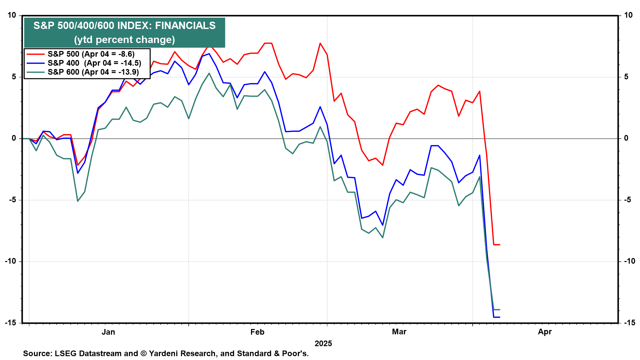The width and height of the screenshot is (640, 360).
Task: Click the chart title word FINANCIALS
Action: point(185,26)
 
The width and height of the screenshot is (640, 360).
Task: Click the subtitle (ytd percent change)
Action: point(124,40)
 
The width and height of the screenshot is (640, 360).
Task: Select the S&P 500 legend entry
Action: point(81,54)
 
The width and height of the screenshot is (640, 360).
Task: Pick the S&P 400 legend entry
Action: point(84,63)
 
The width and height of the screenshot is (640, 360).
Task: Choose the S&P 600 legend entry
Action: point(83,72)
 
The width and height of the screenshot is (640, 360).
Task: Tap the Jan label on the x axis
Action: point(108,332)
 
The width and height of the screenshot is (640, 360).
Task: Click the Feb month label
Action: point(257,332)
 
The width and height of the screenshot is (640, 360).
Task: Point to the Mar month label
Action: point(399,332)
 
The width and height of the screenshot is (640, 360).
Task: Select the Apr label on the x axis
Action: point(545,332)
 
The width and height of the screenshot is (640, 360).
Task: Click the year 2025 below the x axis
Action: point(323,344)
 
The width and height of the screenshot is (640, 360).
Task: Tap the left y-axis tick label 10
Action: point(12,15)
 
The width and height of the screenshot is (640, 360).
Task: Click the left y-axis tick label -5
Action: point(12,200)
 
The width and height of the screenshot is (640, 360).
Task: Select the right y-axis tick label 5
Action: point(626,77)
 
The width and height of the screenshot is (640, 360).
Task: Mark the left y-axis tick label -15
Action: point(10,323)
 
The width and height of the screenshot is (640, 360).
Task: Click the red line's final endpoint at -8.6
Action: point(500,245)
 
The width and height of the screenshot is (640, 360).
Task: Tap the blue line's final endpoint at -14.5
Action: point(500,317)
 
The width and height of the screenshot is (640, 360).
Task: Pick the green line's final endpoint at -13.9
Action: point(500,310)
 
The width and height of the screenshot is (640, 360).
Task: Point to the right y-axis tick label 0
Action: point(626,138)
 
